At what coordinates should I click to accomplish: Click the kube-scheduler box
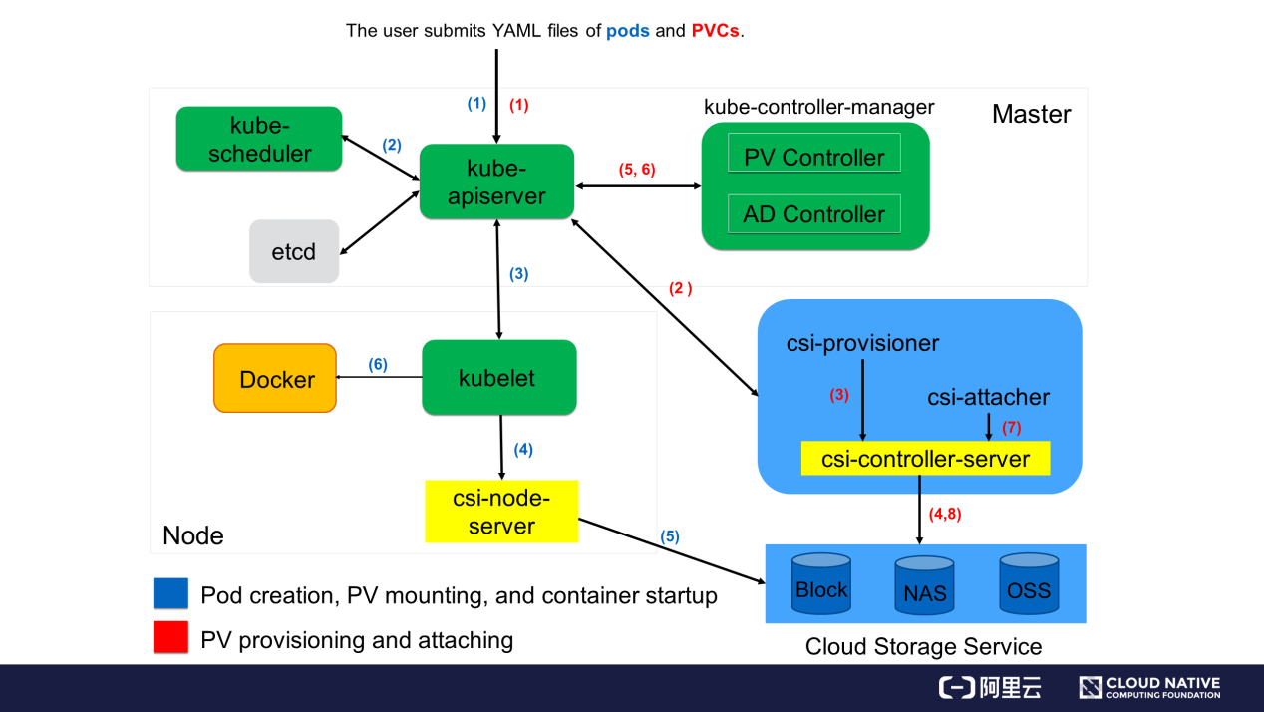point(258,139)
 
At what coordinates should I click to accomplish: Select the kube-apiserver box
point(496,181)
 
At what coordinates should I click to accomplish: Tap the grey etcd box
point(294,251)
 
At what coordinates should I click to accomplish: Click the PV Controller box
point(814,157)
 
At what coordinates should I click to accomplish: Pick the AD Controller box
point(814,213)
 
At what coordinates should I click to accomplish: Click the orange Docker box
point(276,379)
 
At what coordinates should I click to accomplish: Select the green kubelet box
point(498,378)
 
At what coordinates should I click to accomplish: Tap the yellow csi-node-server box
point(501,512)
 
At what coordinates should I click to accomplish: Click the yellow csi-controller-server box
point(925,459)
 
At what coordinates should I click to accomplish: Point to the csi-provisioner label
point(862,343)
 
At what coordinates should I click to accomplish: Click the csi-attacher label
point(988,397)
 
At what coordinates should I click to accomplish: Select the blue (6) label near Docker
point(377,365)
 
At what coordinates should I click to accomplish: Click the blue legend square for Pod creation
point(170,594)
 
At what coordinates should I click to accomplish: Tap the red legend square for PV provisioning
point(170,638)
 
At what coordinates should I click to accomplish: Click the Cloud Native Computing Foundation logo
point(1149,688)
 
